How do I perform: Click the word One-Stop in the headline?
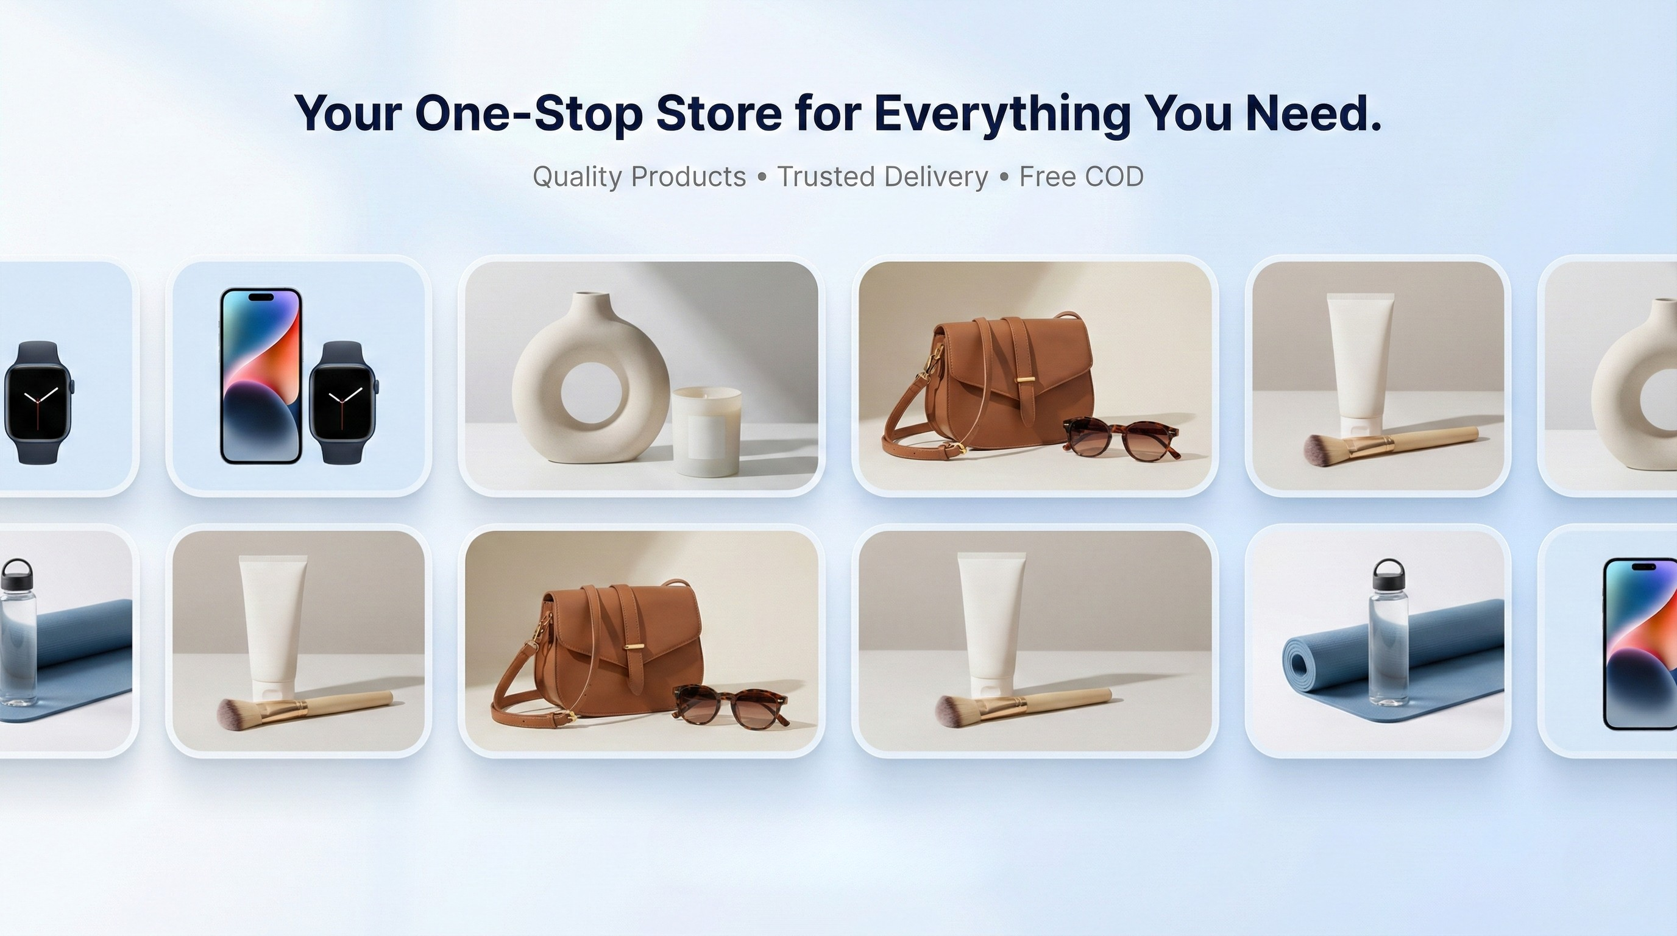528,113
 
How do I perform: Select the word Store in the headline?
718,113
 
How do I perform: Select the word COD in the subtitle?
1114,176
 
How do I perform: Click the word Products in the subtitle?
689,176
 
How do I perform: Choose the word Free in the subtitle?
1048,176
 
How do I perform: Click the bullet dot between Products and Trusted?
762,177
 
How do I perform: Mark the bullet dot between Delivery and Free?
1004,177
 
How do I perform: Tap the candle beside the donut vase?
706,431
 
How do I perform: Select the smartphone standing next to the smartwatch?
261,375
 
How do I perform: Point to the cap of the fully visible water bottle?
1389,575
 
